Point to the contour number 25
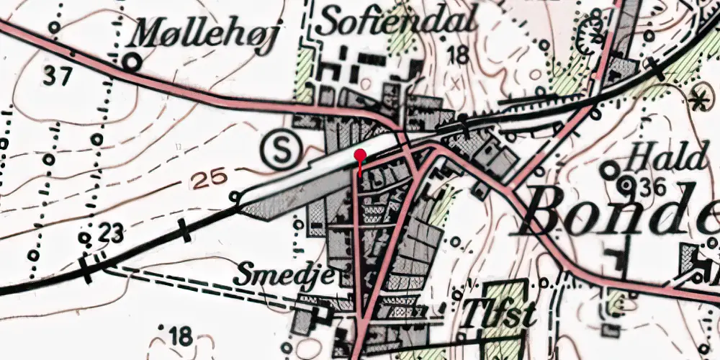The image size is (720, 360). pos(212,179)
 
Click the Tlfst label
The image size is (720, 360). pos(498,314)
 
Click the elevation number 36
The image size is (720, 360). pos(652,186)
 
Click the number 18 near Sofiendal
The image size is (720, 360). pos(457,54)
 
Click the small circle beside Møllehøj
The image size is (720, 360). pos(131,62)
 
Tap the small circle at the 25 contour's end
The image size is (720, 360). pos(234,196)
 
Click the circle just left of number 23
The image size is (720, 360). pos(85,238)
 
